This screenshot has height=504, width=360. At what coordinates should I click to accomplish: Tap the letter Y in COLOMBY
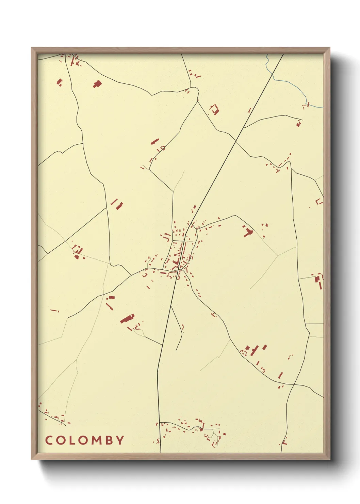tap(120, 440)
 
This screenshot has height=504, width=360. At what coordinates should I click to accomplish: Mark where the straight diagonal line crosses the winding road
tap(236, 140)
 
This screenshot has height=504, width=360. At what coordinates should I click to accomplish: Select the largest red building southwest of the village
tap(127, 318)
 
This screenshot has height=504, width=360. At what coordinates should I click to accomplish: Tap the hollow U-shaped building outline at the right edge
tap(319, 202)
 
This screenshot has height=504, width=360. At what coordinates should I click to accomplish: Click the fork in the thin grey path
tap(278, 255)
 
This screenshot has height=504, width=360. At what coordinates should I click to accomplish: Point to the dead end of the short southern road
tap(176, 350)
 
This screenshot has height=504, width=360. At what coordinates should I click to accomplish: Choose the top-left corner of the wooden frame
tap(32, 48)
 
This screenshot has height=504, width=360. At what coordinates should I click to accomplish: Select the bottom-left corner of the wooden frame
tap(32, 459)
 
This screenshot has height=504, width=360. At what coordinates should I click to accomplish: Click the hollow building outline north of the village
tap(214, 110)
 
